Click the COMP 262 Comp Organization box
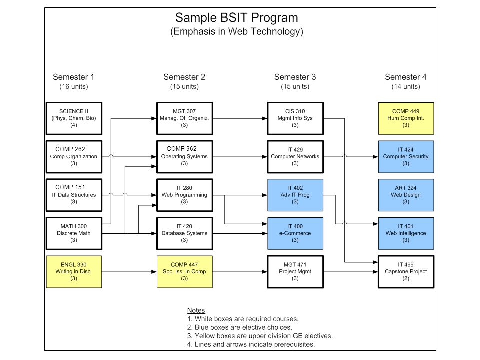(x=74, y=156)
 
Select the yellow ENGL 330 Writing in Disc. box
(x=74, y=272)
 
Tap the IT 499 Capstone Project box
(x=406, y=272)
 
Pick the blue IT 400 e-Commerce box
(x=295, y=233)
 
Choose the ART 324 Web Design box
(x=406, y=195)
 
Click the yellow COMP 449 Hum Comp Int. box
(x=406, y=118)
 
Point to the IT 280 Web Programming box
(x=184, y=195)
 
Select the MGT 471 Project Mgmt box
(x=295, y=272)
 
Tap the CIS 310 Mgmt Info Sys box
(x=295, y=118)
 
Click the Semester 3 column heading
(x=295, y=77)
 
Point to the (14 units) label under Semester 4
(x=406, y=86)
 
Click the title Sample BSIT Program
(x=236, y=18)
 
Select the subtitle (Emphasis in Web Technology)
(x=236, y=31)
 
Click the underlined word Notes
(x=196, y=310)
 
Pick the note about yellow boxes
(x=260, y=336)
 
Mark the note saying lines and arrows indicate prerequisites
(x=251, y=344)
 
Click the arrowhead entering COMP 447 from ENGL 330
(x=154, y=272)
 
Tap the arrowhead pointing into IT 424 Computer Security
(x=375, y=157)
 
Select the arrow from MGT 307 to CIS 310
(x=240, y=118)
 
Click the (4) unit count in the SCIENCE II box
(x=74, y=125)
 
